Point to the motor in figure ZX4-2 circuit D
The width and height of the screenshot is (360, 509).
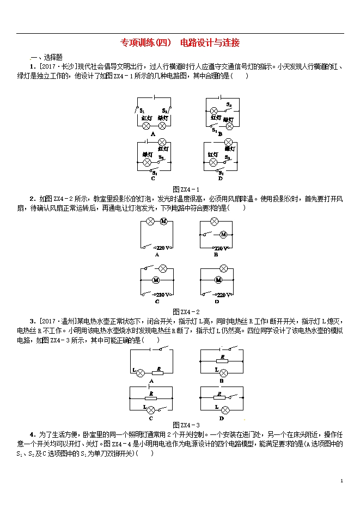pos(219,280)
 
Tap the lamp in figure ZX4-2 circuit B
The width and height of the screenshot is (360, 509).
pos(215,222)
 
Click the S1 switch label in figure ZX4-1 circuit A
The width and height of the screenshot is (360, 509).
pos(142,111)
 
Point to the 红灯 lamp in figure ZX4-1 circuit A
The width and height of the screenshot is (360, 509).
pos(146,125)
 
